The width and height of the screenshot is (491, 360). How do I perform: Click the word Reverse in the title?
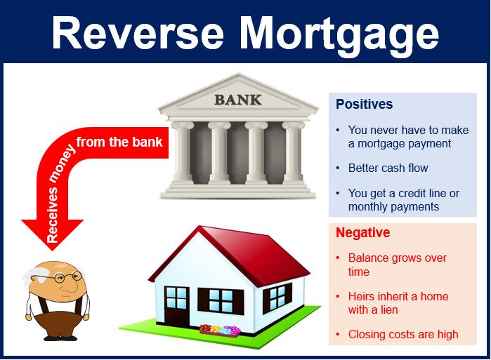pyautogui.click(x=138, y=33)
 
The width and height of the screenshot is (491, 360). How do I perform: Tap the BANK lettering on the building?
pyautogui.click(x=238, y=100)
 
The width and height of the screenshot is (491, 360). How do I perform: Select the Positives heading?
pyautogui.click(x=364, y=104)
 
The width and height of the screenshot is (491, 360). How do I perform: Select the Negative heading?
pyautogui.click(x=363, y=232)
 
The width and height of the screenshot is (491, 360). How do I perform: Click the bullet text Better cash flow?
pyautogui.click(x=388, y=168)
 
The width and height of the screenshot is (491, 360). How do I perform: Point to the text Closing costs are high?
pyautogui.click(x=403, y=334)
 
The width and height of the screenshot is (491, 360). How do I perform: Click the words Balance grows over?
pyautogui.click(x=398, y=258)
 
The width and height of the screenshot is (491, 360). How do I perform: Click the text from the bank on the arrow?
pyautogui.click(x=119, y=142)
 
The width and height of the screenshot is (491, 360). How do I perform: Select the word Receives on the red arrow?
pyautogui.click(x=52, y=215)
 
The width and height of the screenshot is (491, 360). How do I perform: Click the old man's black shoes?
pyautogui.click(x=60, y=338)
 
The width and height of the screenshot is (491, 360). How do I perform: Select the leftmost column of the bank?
pyautogui.click(x=183, y=153)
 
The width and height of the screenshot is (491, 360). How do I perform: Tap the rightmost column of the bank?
pyautogui.click(x=294, y=153)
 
